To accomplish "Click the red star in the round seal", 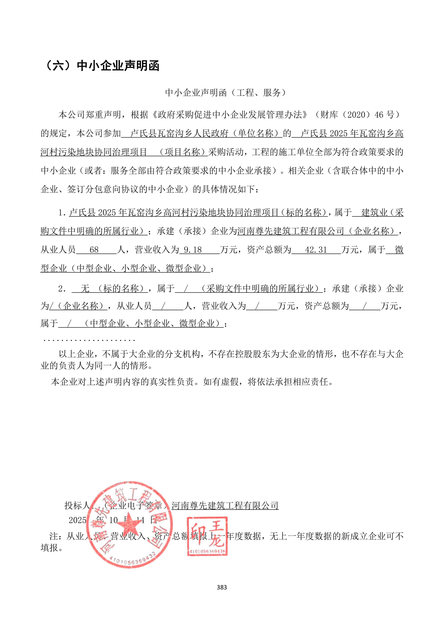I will pyautogui.click(x=131, y=523).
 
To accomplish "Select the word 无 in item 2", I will pyautogui.click(x=85, y=289).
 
